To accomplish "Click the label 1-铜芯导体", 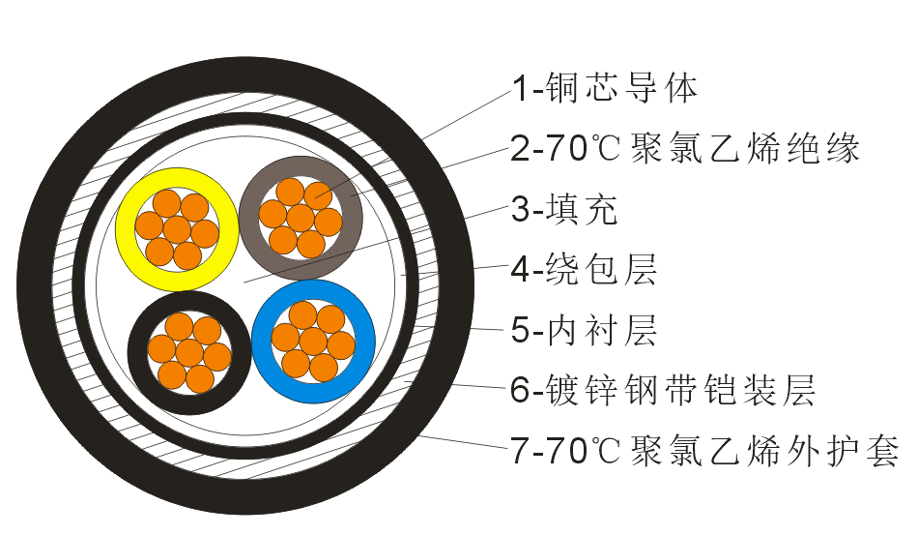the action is pyautogui.click(x=605, y=89).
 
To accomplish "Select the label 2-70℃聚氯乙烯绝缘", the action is pyautogui.click(x=685, y=148).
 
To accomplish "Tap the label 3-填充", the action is pyautogui.click(x=564, y=209).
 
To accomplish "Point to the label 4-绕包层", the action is pyautogui.click(x=584, y=270).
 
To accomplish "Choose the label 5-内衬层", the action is pyautogui.click(x=584, y=330).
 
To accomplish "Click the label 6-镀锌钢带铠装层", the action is pyautogui.click(x=663, y=390).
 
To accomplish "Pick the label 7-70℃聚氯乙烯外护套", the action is pyautogui.click(x=704, y=451).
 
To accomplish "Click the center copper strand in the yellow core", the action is pyautogui.click(x=177, y=229).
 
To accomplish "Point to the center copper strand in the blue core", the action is pyautogui.click(x=313, y=342).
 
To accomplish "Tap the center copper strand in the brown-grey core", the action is pyautogui.click(x=301, y=218).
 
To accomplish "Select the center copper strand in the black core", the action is pyautogui.click(x=189, y=353).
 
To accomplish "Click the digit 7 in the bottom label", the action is pyautogui.click(x=519, y=451).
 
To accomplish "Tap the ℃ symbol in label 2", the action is pyautogui.click(x=606, y=148).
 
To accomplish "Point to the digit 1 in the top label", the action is pyautogui.click(x=518, y=89).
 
